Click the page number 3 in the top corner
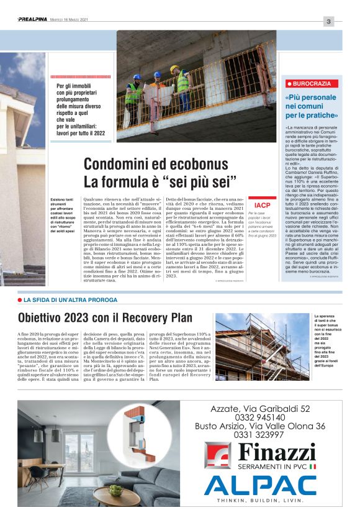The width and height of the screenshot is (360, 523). pyautogui.click(x=329, y=22)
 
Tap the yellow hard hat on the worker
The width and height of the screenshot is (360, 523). pyautogui.click(x=174, y=69)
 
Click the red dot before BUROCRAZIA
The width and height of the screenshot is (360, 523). pyautogui.click(x=289, y=83)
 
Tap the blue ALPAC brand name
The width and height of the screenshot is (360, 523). pyautogui.click(x=260, y=485)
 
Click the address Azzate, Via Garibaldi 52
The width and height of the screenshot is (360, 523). pyautogui.click(x=260, y=409)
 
